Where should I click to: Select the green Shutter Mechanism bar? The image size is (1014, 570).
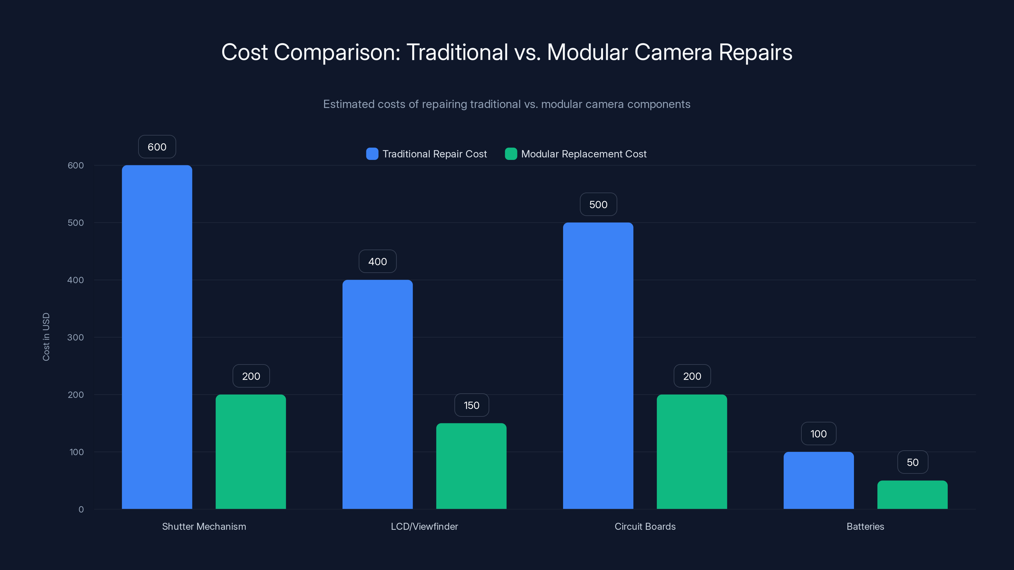[251, 452]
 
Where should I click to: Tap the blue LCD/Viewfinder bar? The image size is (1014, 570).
[377, 394]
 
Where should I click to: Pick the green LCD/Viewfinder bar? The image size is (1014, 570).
[471, 466]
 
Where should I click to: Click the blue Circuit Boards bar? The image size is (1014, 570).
[598, 365]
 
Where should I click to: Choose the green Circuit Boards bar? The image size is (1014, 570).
[692, 452]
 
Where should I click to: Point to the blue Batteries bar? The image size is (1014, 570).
[818, 480]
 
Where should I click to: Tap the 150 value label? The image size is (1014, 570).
[471, 405]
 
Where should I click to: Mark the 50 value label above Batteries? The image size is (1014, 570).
[913, 462]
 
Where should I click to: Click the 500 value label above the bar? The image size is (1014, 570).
[598, 205]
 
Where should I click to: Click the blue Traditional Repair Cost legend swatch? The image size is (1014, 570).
[372, 154]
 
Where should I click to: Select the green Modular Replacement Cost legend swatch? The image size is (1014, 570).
[510, 154]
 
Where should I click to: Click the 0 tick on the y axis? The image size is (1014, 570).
[81, 510]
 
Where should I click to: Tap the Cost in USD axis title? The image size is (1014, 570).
[46, 337]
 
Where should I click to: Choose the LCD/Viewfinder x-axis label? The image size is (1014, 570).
[424, 526]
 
